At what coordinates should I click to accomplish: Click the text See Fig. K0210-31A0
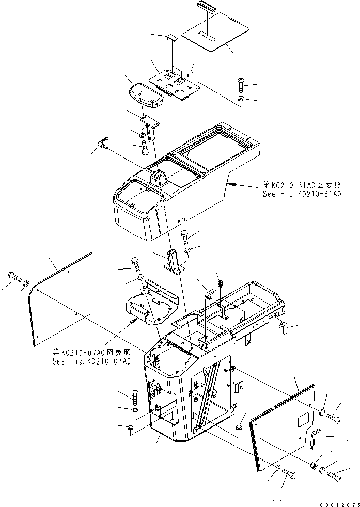tap(300, 194)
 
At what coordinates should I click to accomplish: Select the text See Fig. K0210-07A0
tap(91, 361)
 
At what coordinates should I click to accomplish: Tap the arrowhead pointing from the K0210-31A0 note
tap(231, 184)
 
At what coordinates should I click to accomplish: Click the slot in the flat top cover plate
tap(209, 37)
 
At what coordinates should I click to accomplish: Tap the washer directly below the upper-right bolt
tap(242, 98)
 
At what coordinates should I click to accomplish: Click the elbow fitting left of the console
tap(102, 142)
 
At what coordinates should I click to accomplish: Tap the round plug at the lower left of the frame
tap(130, 428)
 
